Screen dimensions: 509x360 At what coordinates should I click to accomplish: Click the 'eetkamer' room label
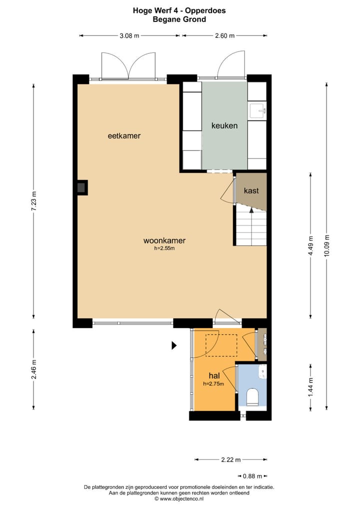(x=124, y=135)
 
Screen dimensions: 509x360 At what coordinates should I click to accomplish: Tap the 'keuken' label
(x=224, y=125)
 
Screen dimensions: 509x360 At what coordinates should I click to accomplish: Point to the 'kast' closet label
(x=251, y=190)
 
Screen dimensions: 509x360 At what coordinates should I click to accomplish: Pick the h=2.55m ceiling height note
(x=164, y=248)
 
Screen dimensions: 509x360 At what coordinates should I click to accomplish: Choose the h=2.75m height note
(x=213, y=384)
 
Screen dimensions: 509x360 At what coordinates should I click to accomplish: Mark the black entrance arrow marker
(x=174, y=345)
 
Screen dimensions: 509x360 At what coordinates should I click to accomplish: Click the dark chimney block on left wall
(x=81, y=187)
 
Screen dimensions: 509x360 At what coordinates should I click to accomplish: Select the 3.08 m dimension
(x=129, y=35)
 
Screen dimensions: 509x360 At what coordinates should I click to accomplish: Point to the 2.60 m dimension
(x=224, y=35)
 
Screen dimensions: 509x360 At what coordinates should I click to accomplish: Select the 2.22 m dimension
(x=231, y=459)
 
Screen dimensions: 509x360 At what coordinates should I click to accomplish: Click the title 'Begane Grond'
(x=179, y=19)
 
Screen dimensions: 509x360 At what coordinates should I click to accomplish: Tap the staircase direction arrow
(x=251, y=211)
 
